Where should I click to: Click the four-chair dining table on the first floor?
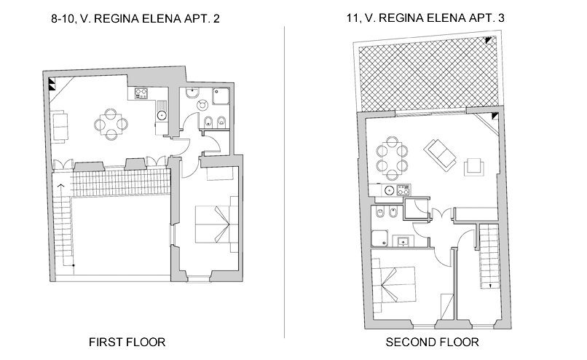111,124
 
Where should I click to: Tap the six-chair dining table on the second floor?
392,157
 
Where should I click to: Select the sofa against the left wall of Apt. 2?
60,126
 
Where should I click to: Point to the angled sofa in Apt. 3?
440,154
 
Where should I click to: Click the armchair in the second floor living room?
474,167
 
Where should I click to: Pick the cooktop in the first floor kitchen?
141,93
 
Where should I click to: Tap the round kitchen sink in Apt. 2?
162,115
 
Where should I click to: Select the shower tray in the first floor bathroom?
221,96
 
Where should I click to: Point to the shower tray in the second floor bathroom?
379,238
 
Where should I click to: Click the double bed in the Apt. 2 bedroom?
216,224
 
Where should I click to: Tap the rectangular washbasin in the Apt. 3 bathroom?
403,241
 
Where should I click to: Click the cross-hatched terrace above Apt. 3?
428,74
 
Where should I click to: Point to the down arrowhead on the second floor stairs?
489,286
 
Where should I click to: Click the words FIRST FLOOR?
127,342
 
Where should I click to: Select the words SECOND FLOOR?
432,342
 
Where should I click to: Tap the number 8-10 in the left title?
63,19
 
